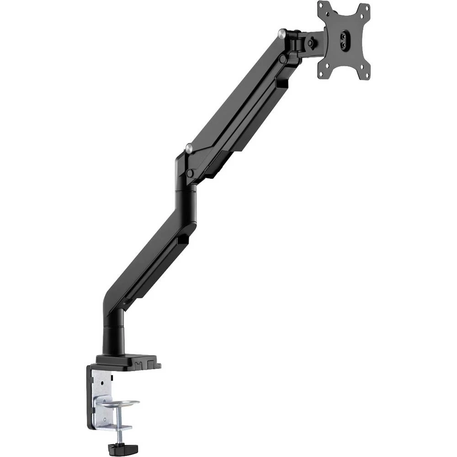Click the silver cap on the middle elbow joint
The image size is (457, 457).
tap(188, 147)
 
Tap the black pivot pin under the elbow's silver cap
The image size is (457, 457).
tap(189, 173)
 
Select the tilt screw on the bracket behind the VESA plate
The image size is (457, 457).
tap(312, 43)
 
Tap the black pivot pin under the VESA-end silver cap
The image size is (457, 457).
tap(284, 58)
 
